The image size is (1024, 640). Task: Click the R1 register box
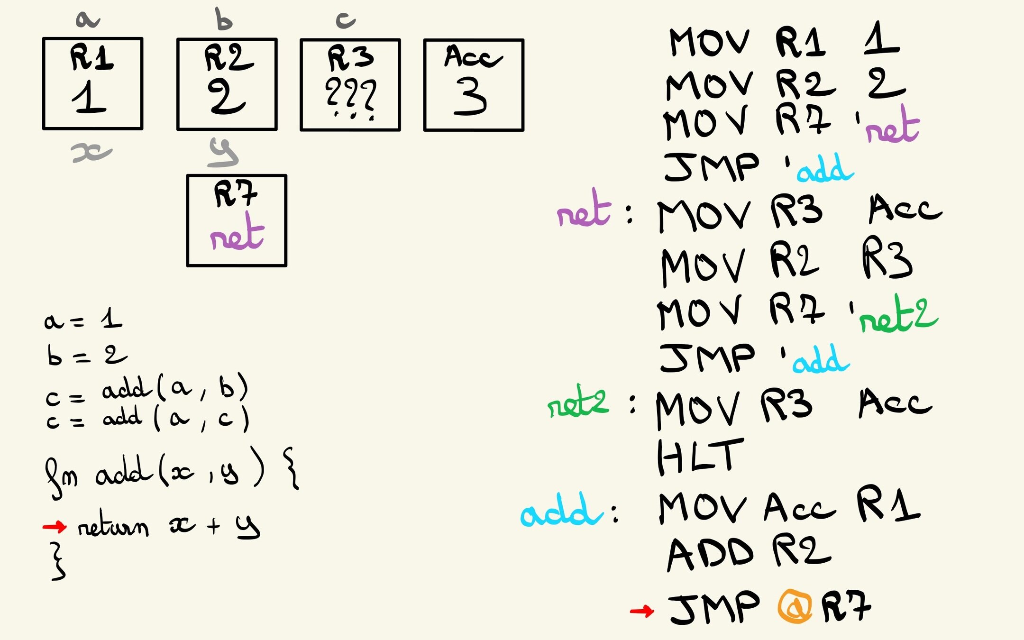tap(92, 83)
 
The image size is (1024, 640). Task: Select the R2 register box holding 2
tap(227, 84)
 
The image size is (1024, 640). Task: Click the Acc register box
tap(474, 85)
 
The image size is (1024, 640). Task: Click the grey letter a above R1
tap(87, 20)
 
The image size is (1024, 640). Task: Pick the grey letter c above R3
tap(346, 20)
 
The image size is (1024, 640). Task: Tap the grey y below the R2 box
tap(223, 153)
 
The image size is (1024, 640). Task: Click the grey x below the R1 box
tap(91, 153)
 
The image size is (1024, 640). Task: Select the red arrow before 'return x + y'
tap(55, 526)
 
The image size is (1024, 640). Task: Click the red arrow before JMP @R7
tap(642, 611)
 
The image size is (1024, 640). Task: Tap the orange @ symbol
tap(795, 606)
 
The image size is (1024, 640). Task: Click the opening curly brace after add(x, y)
tap(291, 470)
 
